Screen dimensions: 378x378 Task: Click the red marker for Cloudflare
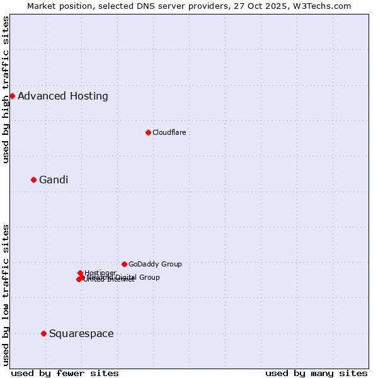(148, 132)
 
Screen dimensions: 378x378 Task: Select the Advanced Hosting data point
(12, 96)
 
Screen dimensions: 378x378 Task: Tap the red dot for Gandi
(33, 180)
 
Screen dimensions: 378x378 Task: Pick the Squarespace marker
(43, 333)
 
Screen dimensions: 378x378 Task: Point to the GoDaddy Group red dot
(124, 264)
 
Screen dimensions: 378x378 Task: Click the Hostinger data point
(80, 273)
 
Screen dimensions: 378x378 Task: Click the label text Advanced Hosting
(63, 96)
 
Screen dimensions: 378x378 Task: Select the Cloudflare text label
(169, 132)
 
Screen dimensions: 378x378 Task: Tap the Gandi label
(54, 180)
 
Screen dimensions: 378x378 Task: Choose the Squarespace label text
(81, 334)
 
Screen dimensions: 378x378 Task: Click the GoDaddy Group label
(155, 265)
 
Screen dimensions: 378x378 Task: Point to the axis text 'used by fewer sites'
(65, 373)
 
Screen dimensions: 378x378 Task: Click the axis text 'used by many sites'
(316, 373)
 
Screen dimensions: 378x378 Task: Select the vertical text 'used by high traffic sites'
(6, 90)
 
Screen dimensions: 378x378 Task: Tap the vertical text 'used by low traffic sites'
(6, 295)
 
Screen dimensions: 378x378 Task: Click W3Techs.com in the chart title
(324, 6)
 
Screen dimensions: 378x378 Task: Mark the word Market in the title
(42, 6)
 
